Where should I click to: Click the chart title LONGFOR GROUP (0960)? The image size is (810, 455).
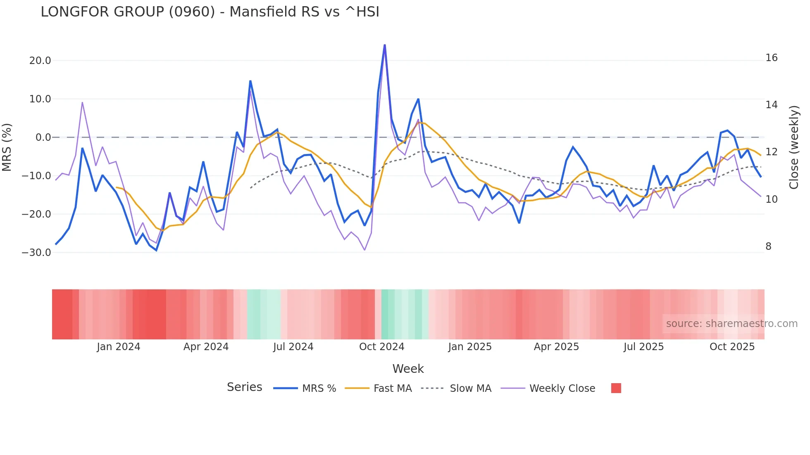(210, 12)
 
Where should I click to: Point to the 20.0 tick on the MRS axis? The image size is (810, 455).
(40, 61)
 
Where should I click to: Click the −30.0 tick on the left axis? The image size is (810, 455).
(36, 252)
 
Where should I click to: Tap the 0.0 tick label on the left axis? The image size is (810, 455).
(43, 137)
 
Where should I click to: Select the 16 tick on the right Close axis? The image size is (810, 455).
(771, 58)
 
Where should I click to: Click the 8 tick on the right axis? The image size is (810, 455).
(768, 246)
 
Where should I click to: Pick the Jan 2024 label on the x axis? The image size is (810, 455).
(119, 347)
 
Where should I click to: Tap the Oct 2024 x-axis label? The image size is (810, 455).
(381, 347)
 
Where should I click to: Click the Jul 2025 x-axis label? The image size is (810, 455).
(643, 347)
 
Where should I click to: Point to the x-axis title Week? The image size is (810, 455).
(408, 369)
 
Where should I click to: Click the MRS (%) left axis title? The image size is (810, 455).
(7, 147)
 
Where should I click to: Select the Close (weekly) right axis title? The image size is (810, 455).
(793, 147)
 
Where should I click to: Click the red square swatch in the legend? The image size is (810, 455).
(616, 388)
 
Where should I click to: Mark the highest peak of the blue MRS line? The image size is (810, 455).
(385, 45)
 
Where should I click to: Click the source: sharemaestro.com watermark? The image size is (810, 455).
(731, 324)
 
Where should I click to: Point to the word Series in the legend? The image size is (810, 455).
(244, 387)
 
